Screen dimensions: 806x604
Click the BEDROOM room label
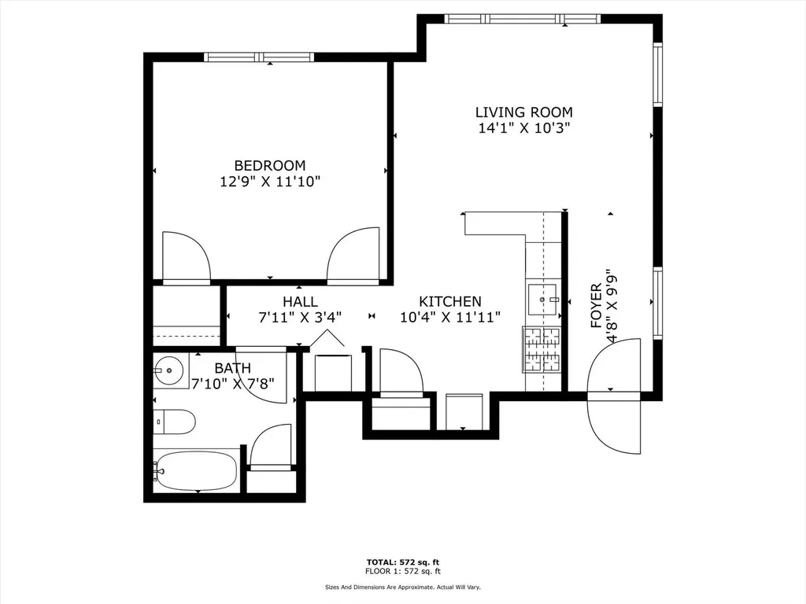click(x=270, y=165)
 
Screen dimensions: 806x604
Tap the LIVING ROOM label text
click(x=523, y=112)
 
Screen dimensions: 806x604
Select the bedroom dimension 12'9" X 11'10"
click(x=271, y=182)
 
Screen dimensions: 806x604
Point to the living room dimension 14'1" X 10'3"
click(x=524, y=128)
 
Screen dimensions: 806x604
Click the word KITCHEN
click(x=450, y=301)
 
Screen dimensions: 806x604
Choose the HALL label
click(x=300, y=301)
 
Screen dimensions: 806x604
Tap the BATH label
click(x=233, y=368)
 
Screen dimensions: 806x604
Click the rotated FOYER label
click(x=596, y=306)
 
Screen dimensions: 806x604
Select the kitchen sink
click(x=543, y=300)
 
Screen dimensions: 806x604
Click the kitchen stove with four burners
click(x=542, y=350)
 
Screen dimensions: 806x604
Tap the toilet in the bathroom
click(x=174, y=422)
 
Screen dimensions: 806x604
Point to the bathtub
click(x=197, y=470)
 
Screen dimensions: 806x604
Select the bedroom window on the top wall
click(x=259, y=57)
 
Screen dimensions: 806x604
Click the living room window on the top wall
click(x=523, y=19)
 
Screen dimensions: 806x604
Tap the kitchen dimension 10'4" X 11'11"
click(x=450, y=318)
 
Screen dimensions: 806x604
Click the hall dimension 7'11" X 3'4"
click(x=300, y=318)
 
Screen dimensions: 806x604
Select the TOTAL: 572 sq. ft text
click(x=403, y=562)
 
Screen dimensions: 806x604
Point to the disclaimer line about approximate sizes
click(x=403, y=587)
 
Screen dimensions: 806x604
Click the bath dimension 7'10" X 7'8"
click(x=233, y=384)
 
